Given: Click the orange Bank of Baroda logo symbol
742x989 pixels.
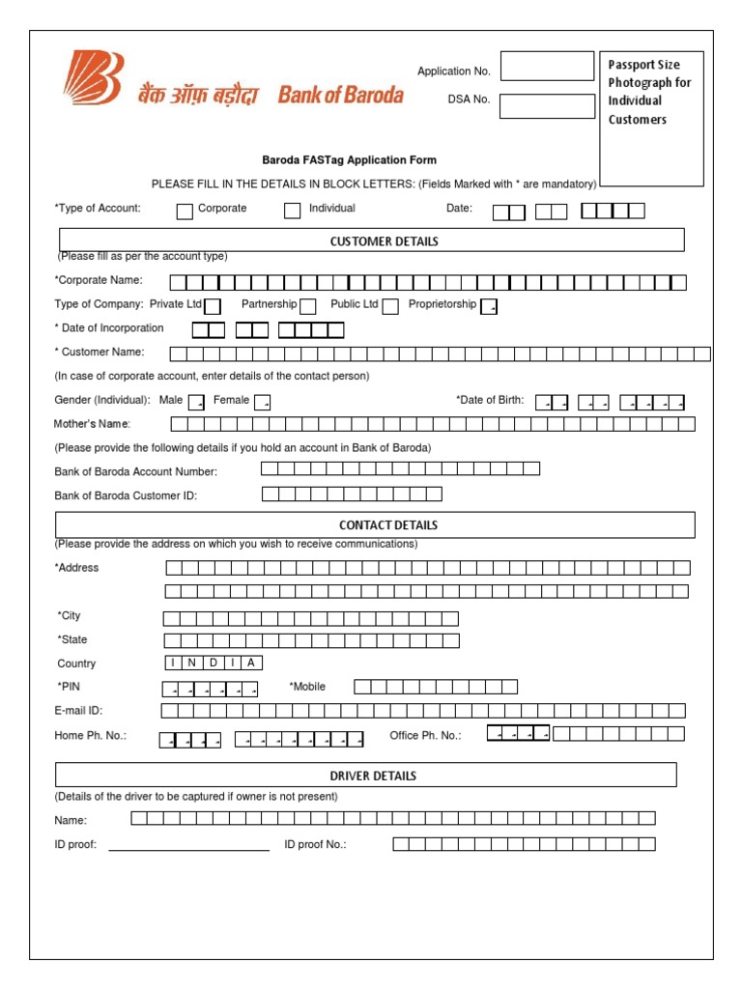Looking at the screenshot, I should click(x=95, y=78).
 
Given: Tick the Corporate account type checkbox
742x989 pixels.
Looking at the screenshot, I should click(x=185, y=212).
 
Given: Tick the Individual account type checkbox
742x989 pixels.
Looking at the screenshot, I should click(x=292, y=212).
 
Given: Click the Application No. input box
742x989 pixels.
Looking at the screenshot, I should click(x=547, y=67).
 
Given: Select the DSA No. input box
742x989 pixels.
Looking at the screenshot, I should click(x=547, y=106).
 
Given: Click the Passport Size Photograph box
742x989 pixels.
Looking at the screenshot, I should click(x=651, y=119).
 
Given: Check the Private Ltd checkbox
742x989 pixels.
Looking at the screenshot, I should click(x=213, y=306).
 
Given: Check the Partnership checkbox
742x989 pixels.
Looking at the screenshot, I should click(x=307, y=306).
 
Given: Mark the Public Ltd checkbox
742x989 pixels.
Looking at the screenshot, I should click(x=390, y=306).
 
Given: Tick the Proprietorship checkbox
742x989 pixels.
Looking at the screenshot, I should click(x=489, y=306).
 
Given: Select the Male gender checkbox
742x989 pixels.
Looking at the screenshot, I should click(x=196, y=402).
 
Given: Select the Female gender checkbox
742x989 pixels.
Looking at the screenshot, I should click(x=262, y=402).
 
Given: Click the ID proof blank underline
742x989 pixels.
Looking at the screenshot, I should click(x=189, y=848).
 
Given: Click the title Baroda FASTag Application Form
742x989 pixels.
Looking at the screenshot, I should click(x=349, y=160).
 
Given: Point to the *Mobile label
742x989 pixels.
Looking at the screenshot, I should click(x=307, y=687).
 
